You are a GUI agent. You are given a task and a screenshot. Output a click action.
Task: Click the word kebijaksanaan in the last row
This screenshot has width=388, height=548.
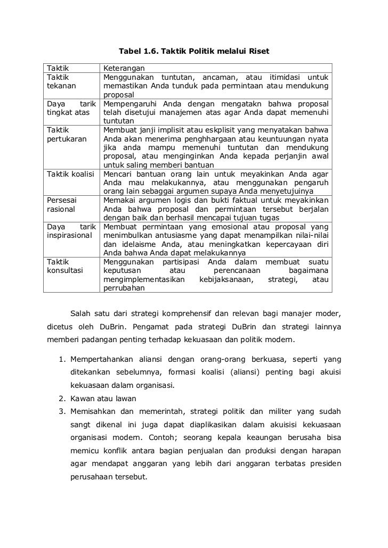point(226,279)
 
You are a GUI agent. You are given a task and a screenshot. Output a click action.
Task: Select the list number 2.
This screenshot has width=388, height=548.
point(62,398)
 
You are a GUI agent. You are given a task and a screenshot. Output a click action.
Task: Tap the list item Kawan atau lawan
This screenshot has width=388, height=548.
point(103,398)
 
